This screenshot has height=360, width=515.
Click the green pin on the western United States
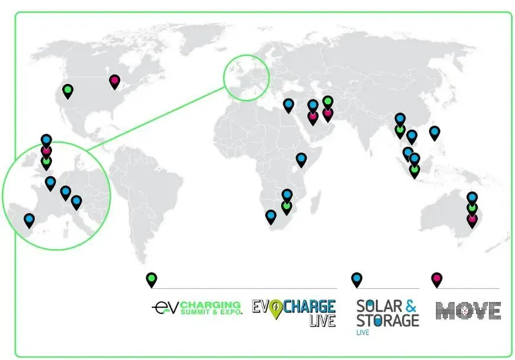tap(68, 91)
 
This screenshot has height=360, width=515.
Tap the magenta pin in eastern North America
tap(115, 81)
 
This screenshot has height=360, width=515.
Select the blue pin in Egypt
tap(288, 105)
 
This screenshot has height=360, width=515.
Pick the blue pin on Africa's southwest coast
tap(271, 216)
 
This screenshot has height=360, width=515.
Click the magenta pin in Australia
tap(472, 219)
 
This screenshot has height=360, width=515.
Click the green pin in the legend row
tap(152, 279)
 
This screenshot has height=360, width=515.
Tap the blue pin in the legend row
tap(356, 279)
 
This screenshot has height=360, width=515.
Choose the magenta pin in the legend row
tap(436, 279)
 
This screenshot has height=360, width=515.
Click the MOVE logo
tap(468, 310)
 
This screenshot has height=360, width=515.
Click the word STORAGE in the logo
tap(387, 320)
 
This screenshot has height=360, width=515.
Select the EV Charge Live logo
tap(294, 312)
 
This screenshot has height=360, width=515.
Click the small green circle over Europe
tap(246, 78)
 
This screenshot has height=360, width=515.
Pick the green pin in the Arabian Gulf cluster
tap(328, 102)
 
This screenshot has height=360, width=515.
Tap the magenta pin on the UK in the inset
tap(46, 150)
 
